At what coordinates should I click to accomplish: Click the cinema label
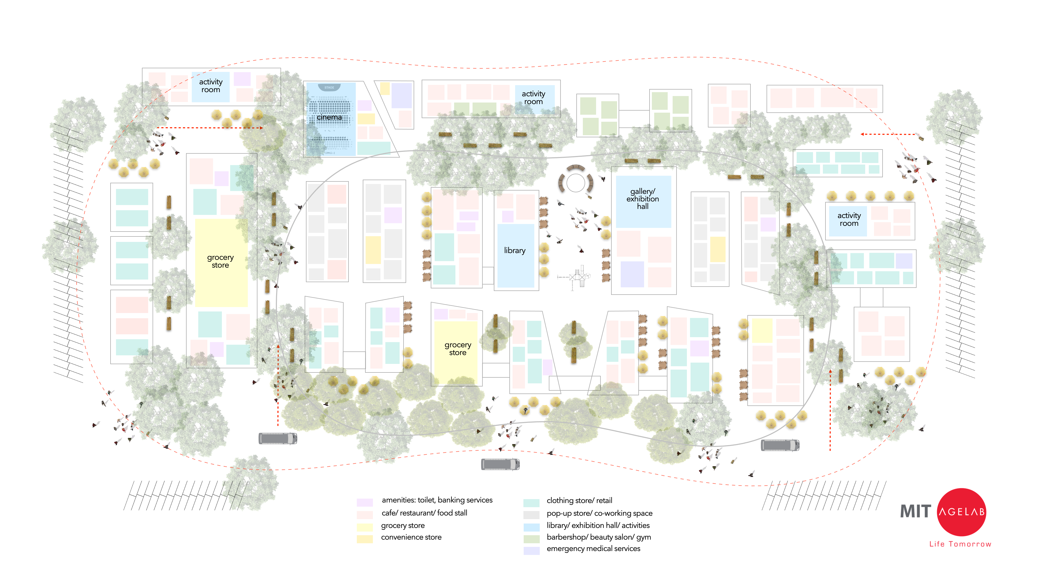coord(329,117)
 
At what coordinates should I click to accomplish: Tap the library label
coord(515,250)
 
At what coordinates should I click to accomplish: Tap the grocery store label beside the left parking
coord(220,261)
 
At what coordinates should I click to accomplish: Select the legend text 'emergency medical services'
coord(593,548)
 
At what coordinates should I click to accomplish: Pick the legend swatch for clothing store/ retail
coord(531,502)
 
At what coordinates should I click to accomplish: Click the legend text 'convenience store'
coord(411,537)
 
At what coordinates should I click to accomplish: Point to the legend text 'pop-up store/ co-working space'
coord(599,513)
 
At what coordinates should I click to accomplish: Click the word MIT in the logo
coord(916,511)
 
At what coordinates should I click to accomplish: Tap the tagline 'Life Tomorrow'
coord(960,544)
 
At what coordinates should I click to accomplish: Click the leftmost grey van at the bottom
coord(278,438)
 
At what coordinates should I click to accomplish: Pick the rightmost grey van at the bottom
coord(780,445)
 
